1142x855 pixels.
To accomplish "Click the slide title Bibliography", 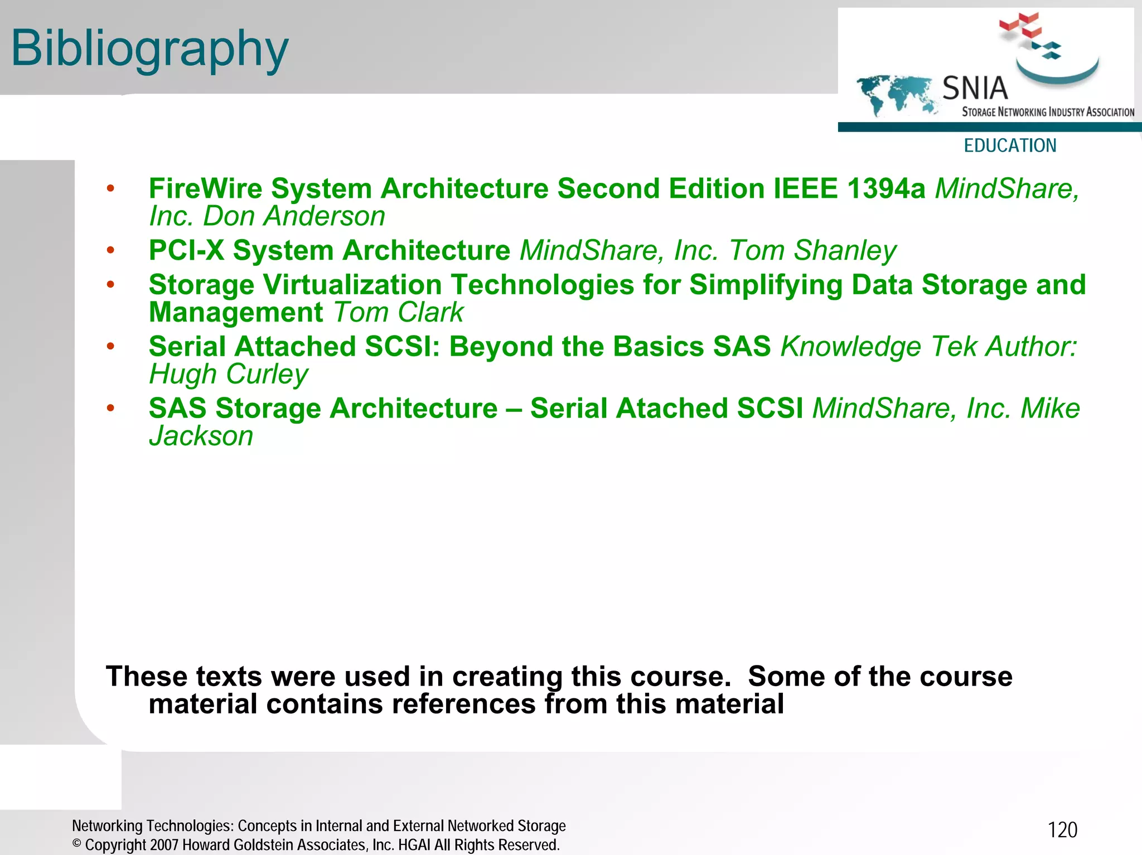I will [x=149, y=49].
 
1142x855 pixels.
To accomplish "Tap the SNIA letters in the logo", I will [x=975, y=88].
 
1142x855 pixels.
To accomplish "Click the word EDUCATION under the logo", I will [x=1010, y=145].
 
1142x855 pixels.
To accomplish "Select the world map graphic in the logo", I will [x=896, y=95].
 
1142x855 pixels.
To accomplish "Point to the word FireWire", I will [x=205, y=188].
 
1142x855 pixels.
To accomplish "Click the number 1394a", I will [x=885, y=188].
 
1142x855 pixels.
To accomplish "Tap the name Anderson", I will [x=324, y=216].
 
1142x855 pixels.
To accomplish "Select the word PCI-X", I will [x=186, y=250].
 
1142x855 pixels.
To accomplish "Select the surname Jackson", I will [x=201, y=436].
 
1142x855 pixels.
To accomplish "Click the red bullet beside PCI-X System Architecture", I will [x=110, y=250].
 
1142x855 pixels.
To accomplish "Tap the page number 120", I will [x=1062, y=830].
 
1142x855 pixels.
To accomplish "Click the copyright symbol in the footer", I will [x=77, y=844].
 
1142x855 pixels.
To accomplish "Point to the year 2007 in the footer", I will [x=164, y=845].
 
